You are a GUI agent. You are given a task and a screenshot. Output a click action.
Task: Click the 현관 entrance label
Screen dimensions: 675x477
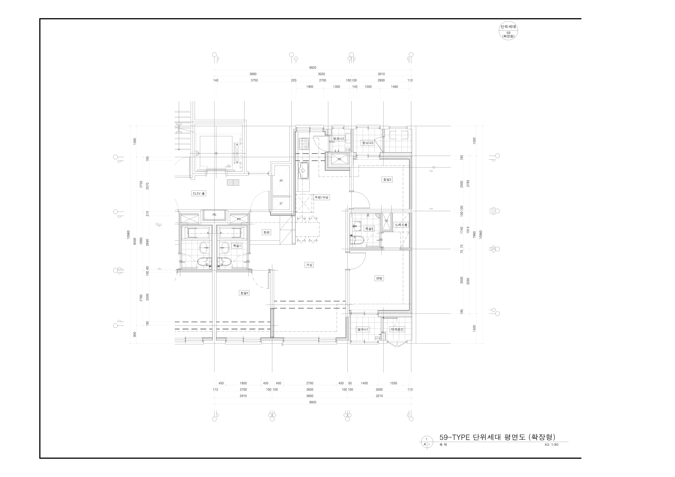(266, 232)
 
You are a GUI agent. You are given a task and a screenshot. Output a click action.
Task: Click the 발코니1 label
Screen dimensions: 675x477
(363, 330)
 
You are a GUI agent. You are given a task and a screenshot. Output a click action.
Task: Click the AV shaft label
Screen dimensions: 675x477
(281, 181)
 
